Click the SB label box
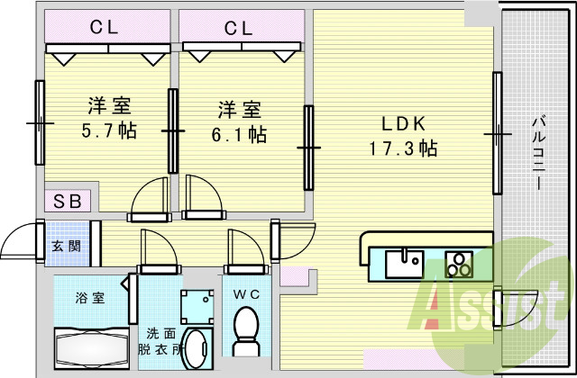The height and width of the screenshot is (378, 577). click(x=65, y=201)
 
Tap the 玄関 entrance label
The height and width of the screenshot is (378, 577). click(x=63, y=245)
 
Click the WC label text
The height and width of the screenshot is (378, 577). click(x=246, y=293)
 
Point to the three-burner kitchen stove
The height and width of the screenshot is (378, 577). click(x=461, y=264)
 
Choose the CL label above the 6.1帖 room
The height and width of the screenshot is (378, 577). click(x=239, y=28)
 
